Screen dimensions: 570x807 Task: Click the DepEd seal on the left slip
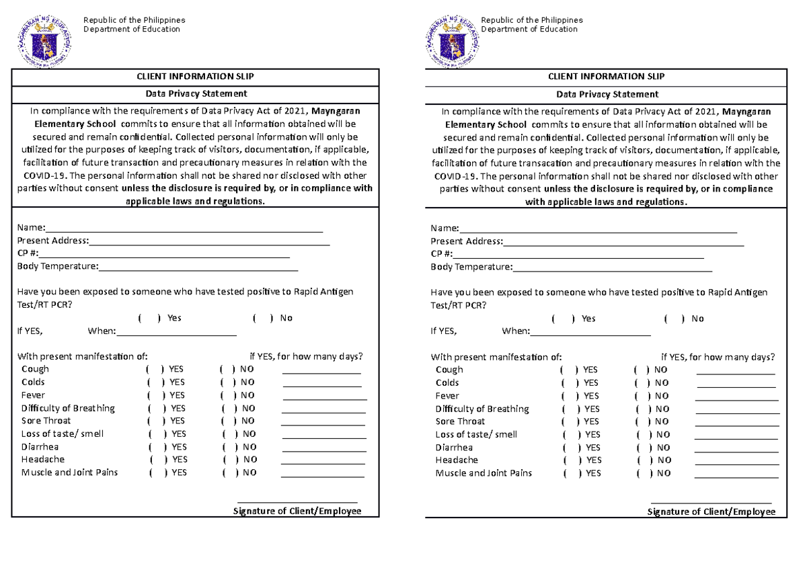(44, 40)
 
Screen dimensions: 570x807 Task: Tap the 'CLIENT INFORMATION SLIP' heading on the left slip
(194, 76)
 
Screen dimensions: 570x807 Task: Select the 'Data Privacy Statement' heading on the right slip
(607, 94)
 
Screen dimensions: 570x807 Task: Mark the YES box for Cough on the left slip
(155, 369)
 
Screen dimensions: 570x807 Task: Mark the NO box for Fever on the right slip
(642, 396)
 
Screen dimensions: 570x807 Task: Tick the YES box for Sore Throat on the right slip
(570, 422)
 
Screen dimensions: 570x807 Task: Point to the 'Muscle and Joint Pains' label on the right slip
(484, 473)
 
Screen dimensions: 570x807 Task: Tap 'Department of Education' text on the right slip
(529, 30)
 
